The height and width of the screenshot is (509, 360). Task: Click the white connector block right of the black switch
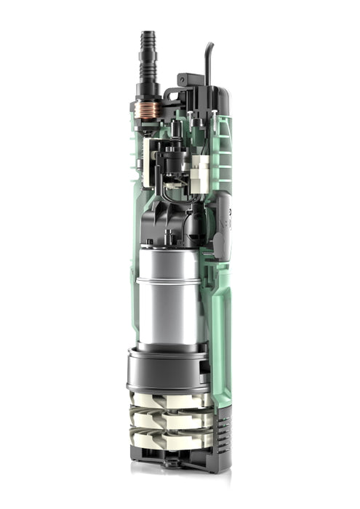pos(200,173)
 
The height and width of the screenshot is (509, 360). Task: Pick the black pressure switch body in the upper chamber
pos(172,161)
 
